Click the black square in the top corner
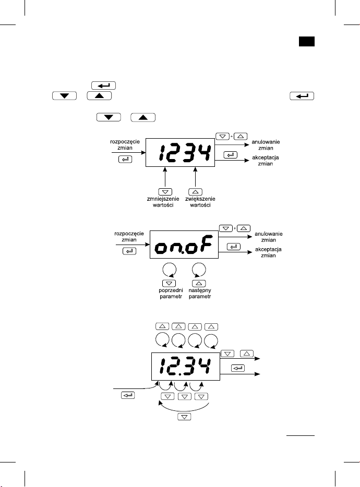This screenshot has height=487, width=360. pyautogui.click(x=307, y=41)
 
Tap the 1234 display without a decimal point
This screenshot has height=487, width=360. pyautogui.click(x=181, y=152)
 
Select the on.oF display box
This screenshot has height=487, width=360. pyautogui.click(x=184, y=245)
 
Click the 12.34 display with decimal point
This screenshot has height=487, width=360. pyautogui.click(x=186, y=367)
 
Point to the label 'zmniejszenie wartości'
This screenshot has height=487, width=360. pyautogui.click(x=163, y=202)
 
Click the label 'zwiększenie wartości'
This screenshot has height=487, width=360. pyautogui.click(x=200, y=202)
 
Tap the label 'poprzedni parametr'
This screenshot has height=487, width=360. pyautogui.click(x=171, y=293)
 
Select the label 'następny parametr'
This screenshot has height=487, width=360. pyautogui.click(x=200, y=293)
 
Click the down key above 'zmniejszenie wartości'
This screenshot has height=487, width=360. pyautogui.click(x=165, y=192)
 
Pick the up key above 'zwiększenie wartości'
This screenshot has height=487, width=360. pyautogui.click(x=195, y=192)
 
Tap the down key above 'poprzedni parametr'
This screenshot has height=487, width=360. pyautogui.click(x=169, y=283)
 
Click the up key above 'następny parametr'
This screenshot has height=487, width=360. pyautogui.click(x=199, y=283)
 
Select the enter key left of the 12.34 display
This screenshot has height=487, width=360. pyautogui.click(x=128, y=395)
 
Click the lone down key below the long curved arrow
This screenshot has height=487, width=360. pyautogui.click(x=184, y=417)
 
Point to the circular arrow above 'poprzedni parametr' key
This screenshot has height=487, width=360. pyautogui.click(x=170, y=270)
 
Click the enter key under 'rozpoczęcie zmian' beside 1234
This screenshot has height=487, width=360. pyautogui.click(x=125, y=160)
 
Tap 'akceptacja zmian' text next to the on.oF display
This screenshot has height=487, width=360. pyautogui.click(x=268, y=252)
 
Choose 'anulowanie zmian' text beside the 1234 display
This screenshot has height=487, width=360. pyautogui.click(x=266, y=145)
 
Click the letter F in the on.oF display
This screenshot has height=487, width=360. pyautogui.click(x=206, y=244)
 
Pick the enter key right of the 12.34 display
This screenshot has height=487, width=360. pyautogui.click(x=238, y=368)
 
